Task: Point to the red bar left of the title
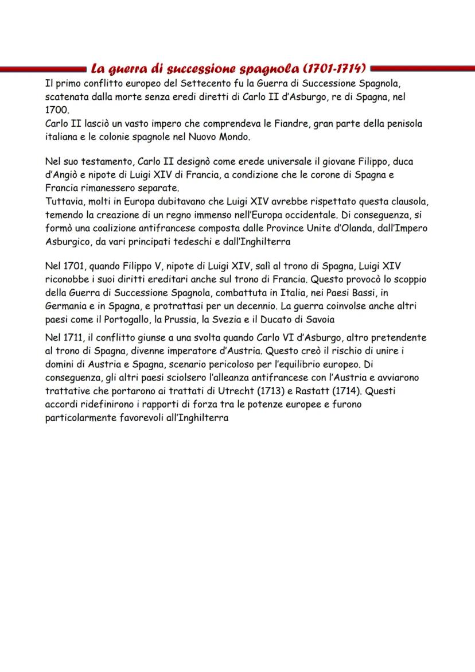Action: pos(44,69)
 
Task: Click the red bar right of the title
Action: pos(422,69)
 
